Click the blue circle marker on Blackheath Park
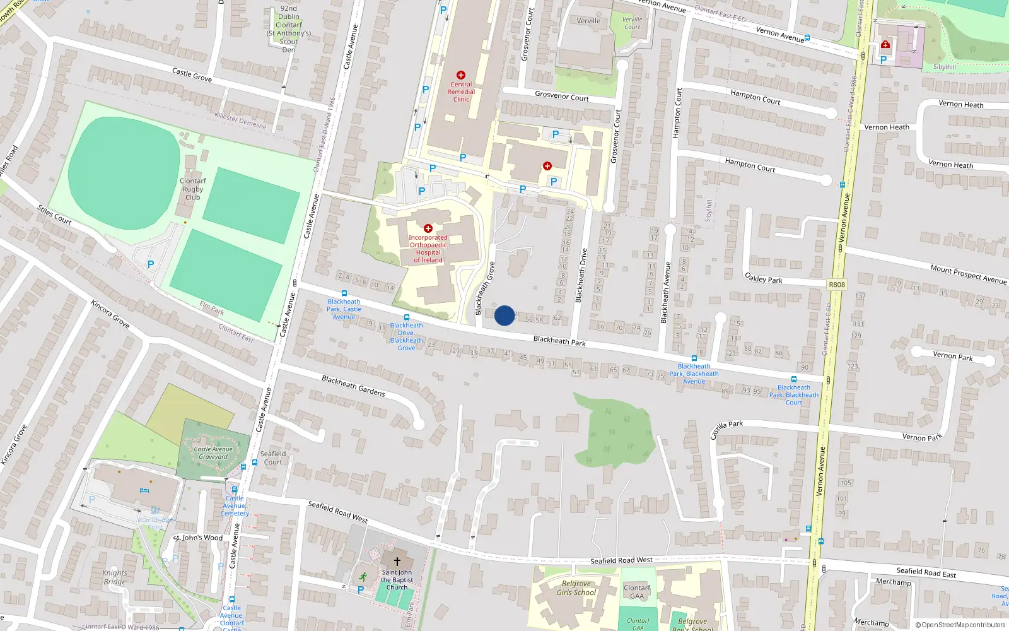504,315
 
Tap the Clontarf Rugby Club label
192,189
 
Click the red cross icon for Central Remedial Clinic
461,75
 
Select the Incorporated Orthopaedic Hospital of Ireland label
428,249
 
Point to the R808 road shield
837,285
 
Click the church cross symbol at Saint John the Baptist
397,561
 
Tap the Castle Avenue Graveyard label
214,453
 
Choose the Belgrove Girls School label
576,588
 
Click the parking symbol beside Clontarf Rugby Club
151,264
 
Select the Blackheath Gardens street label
353,386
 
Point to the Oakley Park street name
764,278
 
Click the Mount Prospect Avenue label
968,274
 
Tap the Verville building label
588,21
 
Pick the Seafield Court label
273,457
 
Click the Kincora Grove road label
110,314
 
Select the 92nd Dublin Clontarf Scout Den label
289,29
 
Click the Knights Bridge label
115,577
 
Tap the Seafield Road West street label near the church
337,511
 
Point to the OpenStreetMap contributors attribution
960,625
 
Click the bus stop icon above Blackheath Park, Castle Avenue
344,293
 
